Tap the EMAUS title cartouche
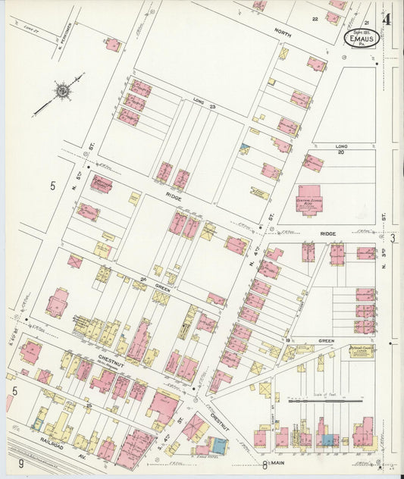pos(362,37)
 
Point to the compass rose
pos(61,90)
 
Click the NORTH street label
pos(282,33)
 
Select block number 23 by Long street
pos(213,108)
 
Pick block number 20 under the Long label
pos(340,152)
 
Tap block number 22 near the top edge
pos(315,18)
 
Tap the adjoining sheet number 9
pos(22,463)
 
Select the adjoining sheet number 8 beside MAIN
pos(265,464)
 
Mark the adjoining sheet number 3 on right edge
pos(393,239)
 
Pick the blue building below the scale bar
pos(328,439)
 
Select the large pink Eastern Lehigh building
pos(310,199)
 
